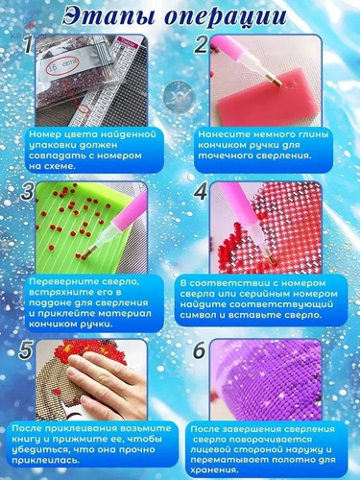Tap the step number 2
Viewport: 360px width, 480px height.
pos(201,44)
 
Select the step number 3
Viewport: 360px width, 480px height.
pos(28,191)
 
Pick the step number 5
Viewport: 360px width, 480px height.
pos(26,348)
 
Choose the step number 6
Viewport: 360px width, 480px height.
pos(200,350)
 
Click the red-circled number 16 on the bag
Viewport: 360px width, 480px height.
pos(53,68)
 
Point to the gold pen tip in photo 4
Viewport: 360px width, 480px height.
pos(271,258)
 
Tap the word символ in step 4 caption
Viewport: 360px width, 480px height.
pos(198,315)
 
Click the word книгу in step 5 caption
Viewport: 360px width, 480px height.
pos(26,440)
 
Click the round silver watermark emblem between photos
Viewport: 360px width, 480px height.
pos(180,96)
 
